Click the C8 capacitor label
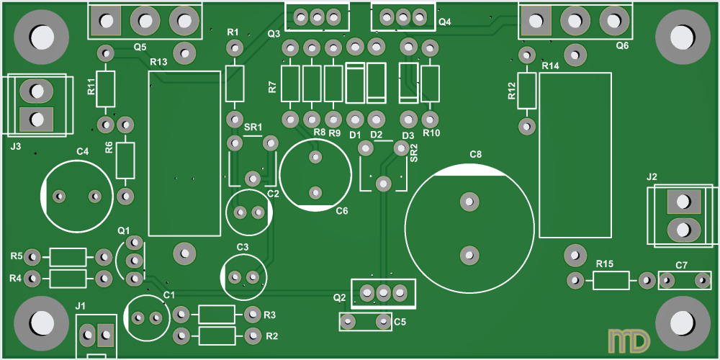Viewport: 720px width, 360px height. coord(475,155)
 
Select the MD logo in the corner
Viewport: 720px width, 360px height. coord(629,341)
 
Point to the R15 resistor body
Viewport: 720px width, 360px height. coord(611,281)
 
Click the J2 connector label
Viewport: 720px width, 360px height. coord(652,176)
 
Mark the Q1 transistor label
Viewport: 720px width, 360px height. coord(124,230)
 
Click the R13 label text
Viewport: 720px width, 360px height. coord(158,63)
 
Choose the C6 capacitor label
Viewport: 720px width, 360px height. coord(342,211)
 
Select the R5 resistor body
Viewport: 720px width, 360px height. coord(67,257)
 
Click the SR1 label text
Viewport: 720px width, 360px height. coord(253,127)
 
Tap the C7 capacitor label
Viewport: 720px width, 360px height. coord(681,266)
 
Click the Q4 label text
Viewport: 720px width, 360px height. coord(444,22)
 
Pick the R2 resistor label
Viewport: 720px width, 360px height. coord(271,336)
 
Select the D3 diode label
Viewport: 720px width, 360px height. coord(408,135)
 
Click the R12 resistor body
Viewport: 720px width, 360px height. coord(527,91)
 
